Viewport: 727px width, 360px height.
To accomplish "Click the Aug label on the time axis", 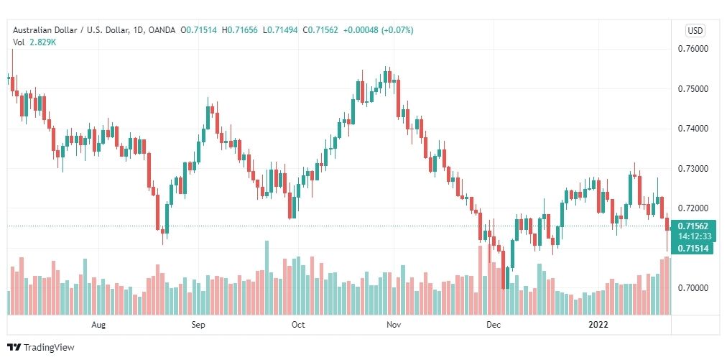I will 99,325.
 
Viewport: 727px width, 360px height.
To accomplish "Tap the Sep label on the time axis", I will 199,325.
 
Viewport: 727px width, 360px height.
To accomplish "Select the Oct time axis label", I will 298,325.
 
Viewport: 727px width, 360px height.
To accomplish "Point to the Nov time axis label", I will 393,325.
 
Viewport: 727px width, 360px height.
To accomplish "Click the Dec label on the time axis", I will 493,325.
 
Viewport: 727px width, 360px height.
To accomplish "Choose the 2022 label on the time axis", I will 598,325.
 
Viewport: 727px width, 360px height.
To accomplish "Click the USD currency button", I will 695,30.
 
